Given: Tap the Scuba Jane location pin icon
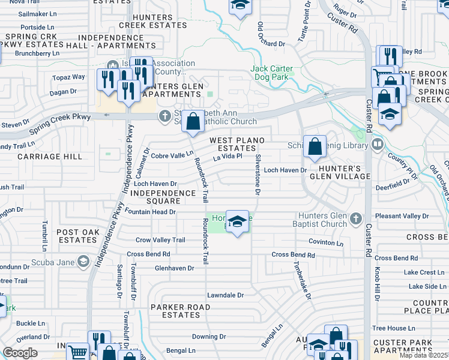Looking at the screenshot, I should [x=83, y=262].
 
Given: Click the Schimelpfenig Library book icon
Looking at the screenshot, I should [x=378, y=144].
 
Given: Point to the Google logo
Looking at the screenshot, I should [x=20, y=353].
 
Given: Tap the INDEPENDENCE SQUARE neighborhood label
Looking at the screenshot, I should [x=163, y=197].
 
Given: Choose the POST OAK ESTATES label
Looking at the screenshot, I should [x=76, y=236].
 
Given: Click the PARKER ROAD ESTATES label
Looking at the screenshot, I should [x=175, y=311].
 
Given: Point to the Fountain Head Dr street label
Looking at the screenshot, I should [x=150, y=212].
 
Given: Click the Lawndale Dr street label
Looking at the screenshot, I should [x=225, y=295].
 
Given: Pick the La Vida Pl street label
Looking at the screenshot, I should [x=228, y=157].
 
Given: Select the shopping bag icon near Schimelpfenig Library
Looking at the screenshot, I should [x=315, y=146].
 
